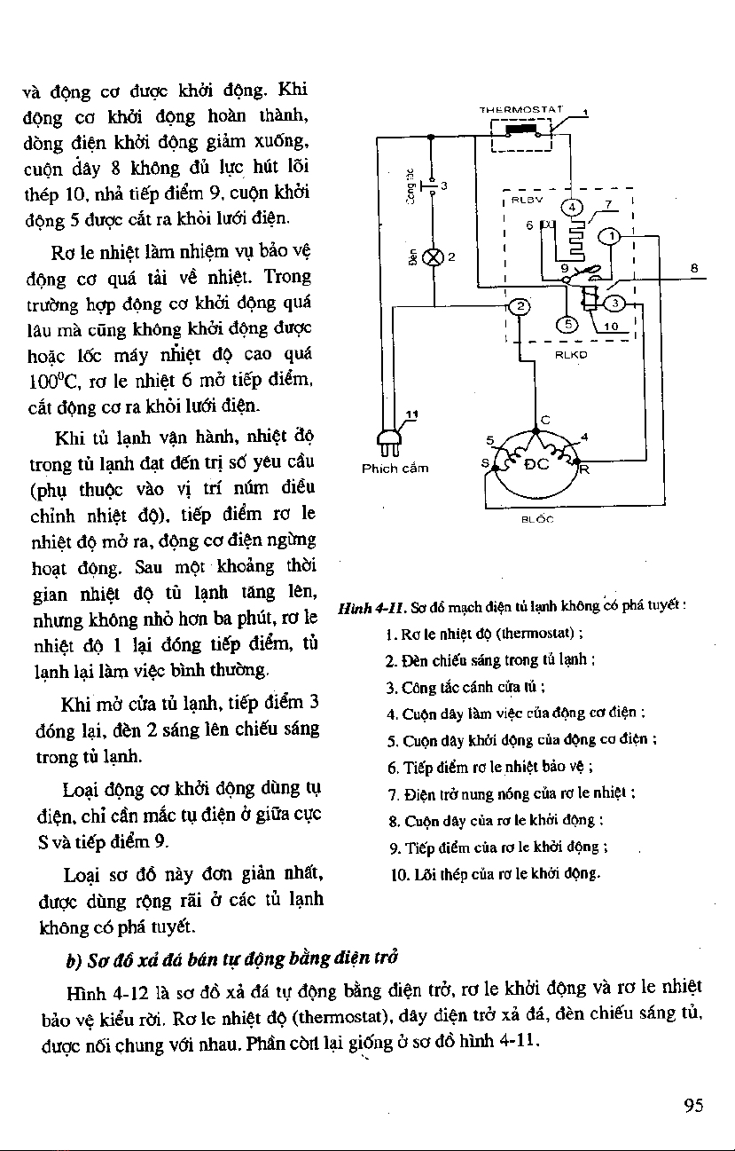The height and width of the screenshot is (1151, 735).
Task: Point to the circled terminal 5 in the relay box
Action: tap(568, 324)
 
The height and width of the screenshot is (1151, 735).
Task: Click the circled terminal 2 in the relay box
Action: tap(521, 306)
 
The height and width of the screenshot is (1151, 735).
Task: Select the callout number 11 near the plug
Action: tap(411, 414)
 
